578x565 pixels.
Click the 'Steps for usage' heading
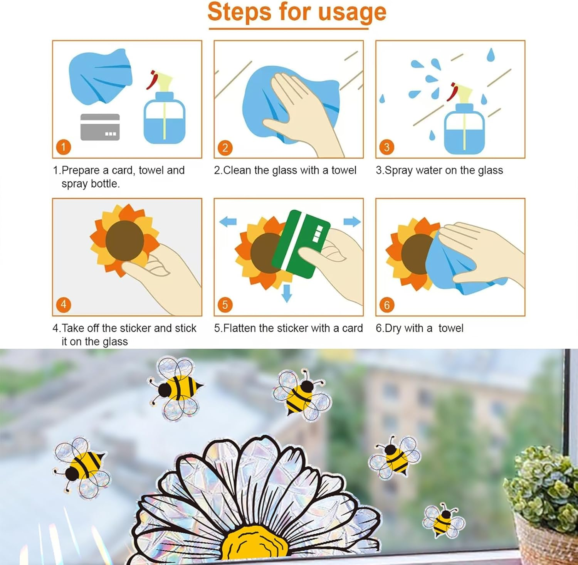[297, 12]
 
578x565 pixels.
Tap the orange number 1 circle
[64, 147]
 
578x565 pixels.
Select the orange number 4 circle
[64, 304]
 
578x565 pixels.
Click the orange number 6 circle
[387, 305]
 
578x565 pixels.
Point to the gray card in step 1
[100, 127]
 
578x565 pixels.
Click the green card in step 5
[301, 244]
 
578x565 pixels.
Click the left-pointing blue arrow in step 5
[228, 222]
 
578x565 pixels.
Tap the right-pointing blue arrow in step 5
[351, 222]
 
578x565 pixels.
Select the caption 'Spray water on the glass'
[439, 170]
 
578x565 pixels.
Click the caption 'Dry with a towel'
[419, 328]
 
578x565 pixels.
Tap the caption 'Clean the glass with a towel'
[285, 170]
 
